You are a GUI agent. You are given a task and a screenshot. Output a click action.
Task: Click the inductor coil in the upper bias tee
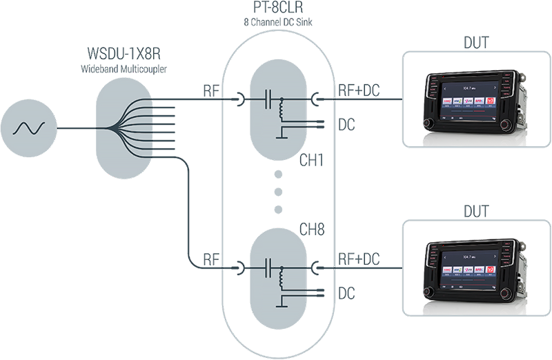281,108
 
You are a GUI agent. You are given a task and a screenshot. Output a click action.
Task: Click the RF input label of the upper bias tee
212,92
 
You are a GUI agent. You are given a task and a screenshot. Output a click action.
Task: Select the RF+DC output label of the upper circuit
359,92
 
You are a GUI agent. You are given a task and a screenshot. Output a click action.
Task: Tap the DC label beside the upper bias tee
347,125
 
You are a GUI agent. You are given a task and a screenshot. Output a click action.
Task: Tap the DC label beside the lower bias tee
347,292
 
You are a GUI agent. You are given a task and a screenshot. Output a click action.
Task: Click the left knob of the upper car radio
431,123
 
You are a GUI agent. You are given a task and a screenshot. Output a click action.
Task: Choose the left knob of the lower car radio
431,290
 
